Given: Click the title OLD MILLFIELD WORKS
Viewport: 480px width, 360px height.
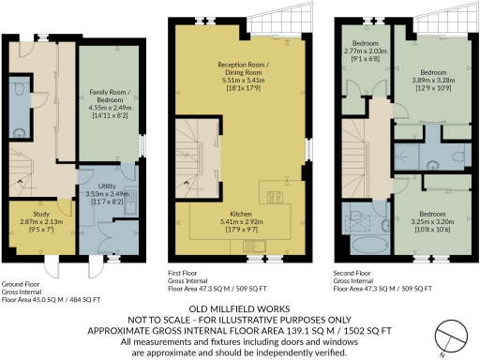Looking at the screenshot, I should point(238,307).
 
